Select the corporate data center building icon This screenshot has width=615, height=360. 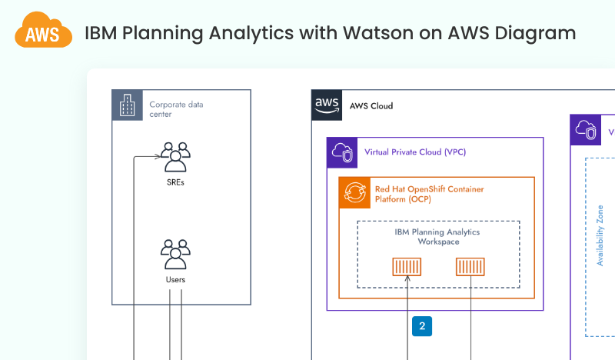126,105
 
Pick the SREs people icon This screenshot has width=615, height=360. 175,157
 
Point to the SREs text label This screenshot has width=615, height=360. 175,183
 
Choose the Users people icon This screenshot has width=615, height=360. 175,254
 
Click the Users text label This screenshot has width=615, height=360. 175,279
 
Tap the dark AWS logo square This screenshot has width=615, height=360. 326,105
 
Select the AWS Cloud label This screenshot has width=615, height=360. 371,106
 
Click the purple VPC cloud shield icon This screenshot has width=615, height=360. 341,152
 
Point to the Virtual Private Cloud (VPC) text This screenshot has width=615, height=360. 415,152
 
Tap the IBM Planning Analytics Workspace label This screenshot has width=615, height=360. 438,236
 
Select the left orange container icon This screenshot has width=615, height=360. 407,267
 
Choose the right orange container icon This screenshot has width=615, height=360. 470,267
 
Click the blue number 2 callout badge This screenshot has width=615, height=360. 422,325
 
